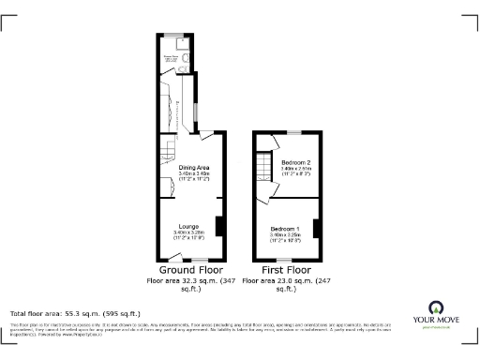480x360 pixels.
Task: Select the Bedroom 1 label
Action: point(285,230)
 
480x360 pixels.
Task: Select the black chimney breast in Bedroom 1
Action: point(316,228)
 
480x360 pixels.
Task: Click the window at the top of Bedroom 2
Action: point(293,133)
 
